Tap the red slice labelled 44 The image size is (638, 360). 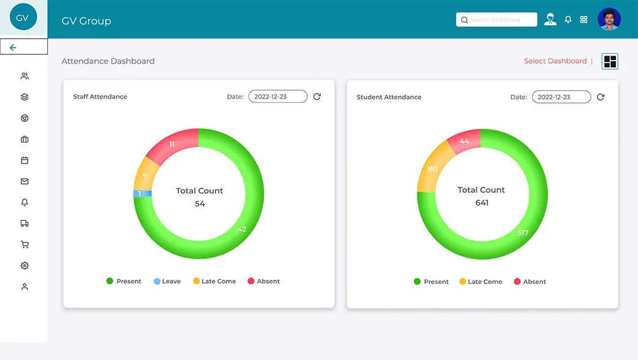[x=465, y=141]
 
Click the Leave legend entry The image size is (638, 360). [x=167, y=281]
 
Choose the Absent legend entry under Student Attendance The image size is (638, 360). [x=530, y=282]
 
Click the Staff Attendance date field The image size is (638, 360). [x=278, y=96]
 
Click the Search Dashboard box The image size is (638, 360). [x=497, y=20]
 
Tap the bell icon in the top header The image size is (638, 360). [x=568, y=20]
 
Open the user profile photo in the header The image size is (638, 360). [x=609, y=19]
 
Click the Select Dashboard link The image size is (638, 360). [x=555, y=61]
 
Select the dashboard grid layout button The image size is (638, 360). [x=610, y=61]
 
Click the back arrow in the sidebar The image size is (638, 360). [x=13, y=47]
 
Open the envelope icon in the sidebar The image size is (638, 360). [x=24, y=181]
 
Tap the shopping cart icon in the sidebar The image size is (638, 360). [x=24, y=244]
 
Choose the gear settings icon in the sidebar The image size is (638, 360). [x=24, y=266]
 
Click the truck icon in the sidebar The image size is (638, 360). [x=24, y=223]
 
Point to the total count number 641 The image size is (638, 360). [x=482, y=203]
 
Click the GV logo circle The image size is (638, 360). [x=23, y=17]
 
